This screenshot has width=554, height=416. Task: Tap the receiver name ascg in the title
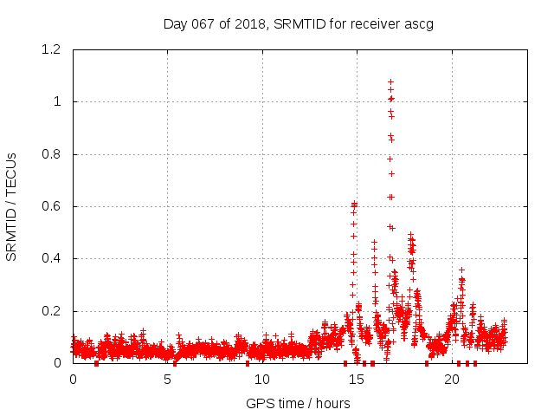[x=417, y=23]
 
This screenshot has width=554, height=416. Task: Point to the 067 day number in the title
[x=202, y=23]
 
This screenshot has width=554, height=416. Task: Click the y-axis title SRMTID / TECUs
[x=11, y=206]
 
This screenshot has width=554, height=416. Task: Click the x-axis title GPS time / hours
[x=298, y=403]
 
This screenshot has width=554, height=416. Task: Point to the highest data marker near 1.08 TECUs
[x=390, y=81]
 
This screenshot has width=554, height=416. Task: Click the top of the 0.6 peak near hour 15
[x=354, y=204]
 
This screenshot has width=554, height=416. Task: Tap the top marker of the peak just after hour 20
[x=462, y=270]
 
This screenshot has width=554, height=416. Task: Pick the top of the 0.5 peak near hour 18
[x=411, y=235]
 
